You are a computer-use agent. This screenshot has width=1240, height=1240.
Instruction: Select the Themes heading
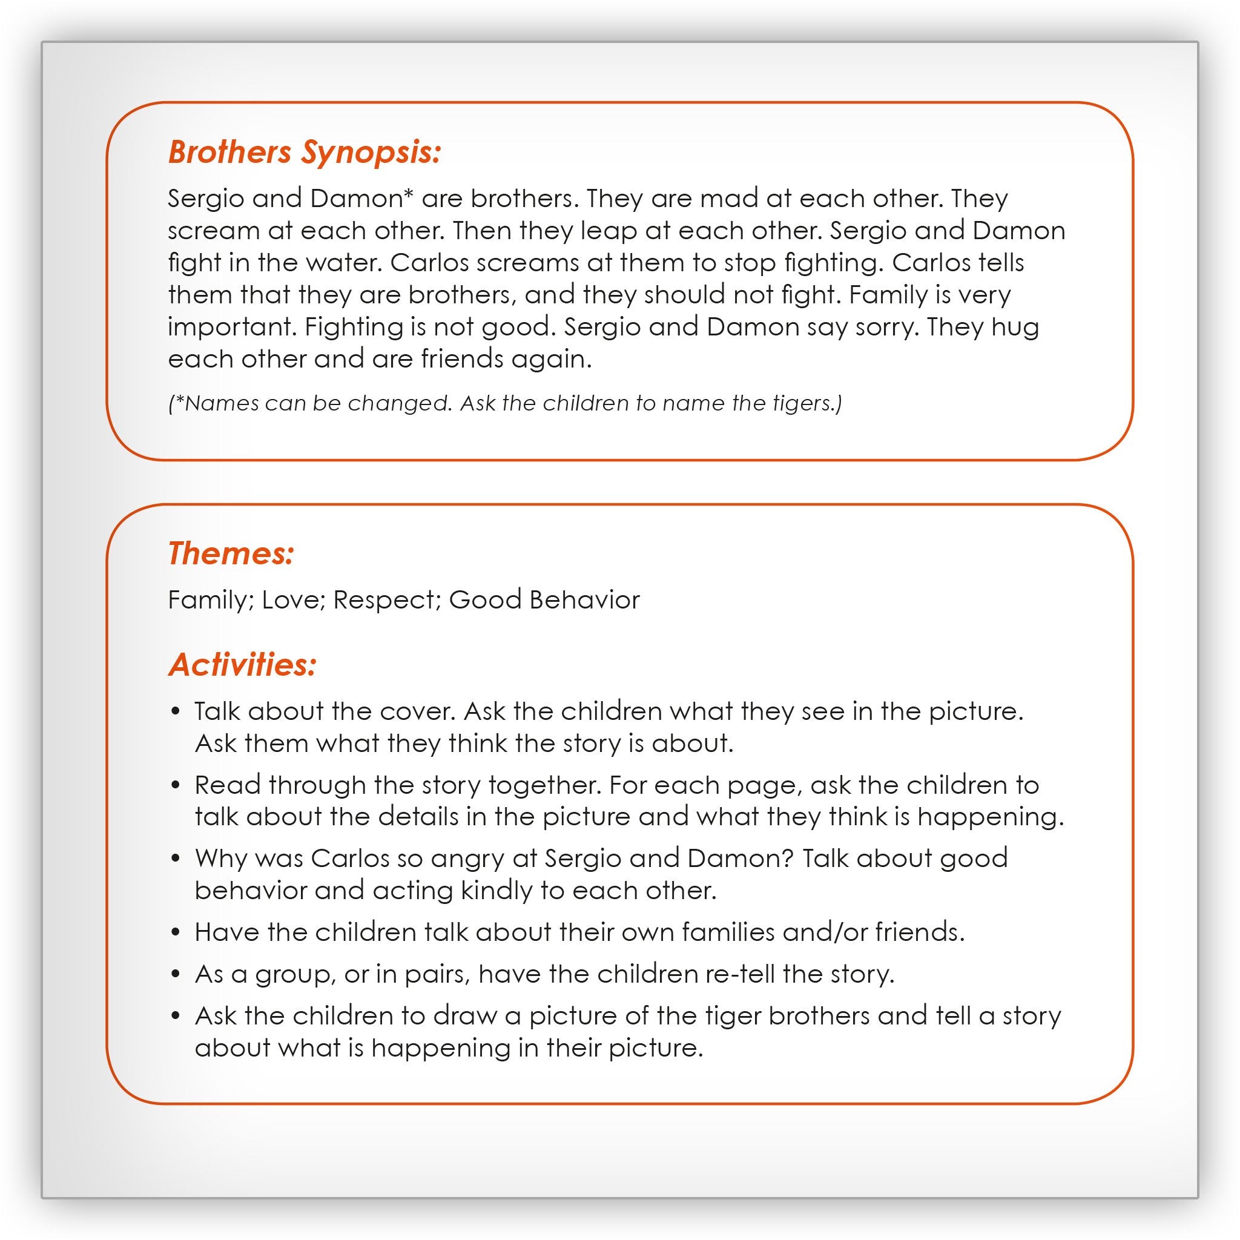coord(231,553)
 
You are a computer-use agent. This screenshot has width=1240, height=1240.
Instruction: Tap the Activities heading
coord(242,664)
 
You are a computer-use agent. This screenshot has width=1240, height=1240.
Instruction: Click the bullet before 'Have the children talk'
coord(176,932)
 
